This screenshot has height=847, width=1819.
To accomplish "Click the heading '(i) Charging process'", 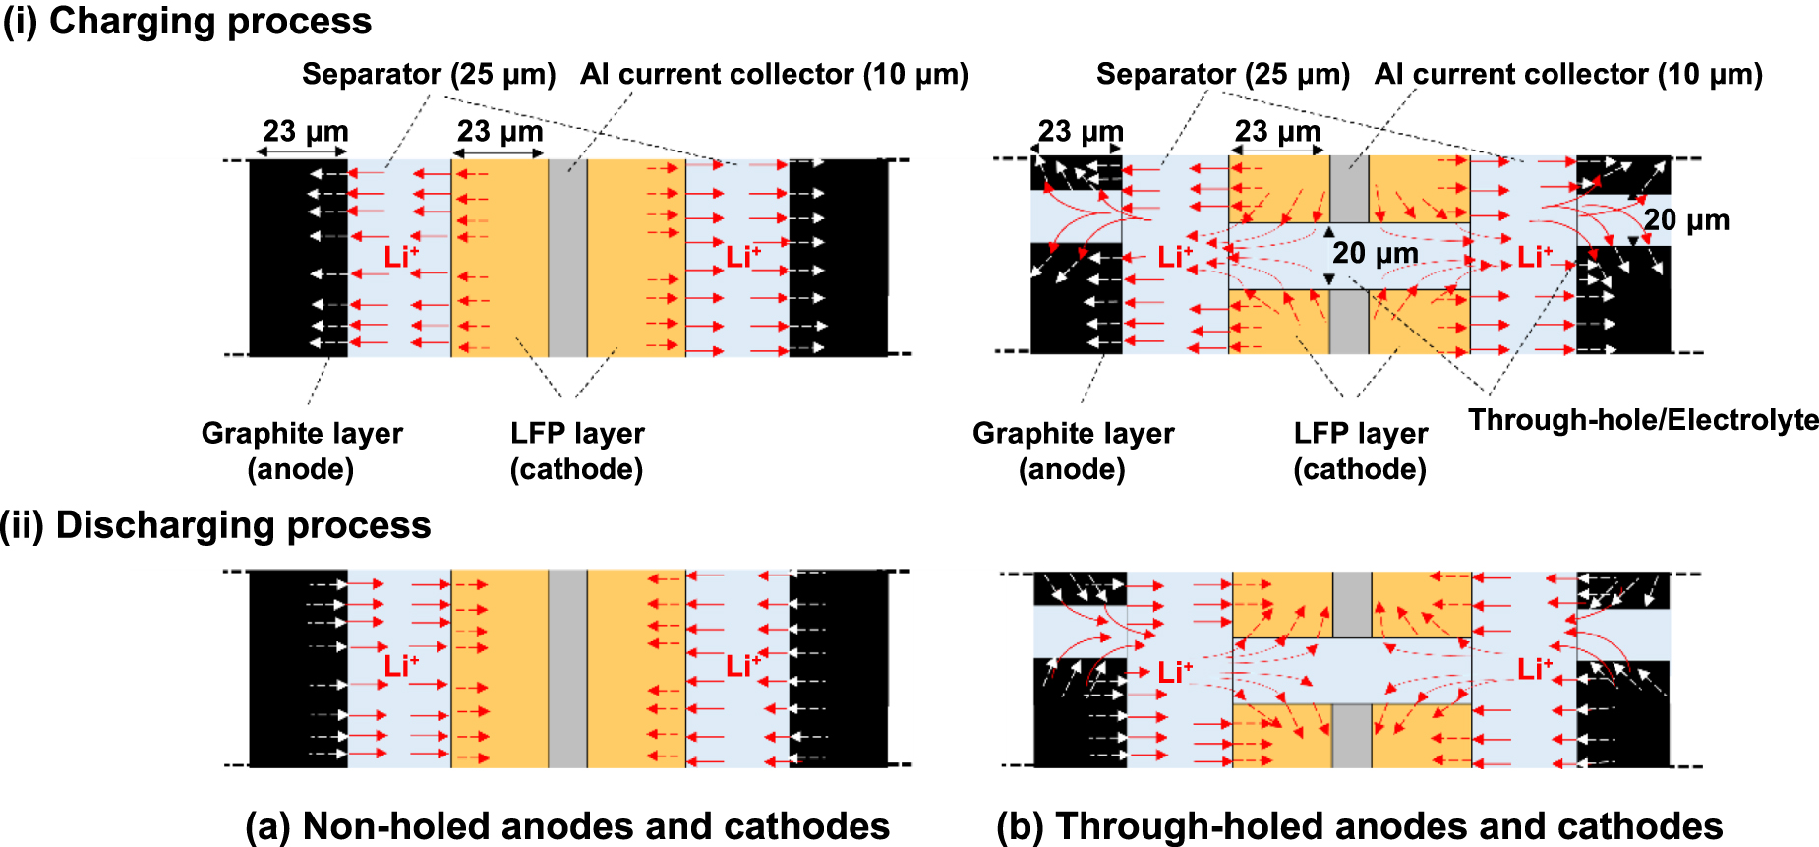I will tap(187, 21).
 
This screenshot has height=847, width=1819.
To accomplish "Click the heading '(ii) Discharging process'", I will tap(216, 525).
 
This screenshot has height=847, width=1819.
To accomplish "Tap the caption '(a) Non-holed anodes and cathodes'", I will tap(566, 825).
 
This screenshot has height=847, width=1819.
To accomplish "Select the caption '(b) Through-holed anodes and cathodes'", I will tap(1359, 825).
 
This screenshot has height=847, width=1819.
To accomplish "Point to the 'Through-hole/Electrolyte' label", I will tap(1643, 420).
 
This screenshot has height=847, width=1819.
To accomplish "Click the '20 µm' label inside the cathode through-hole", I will tap(1375, 254).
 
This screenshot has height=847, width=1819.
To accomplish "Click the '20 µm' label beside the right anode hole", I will tap(1686, 220).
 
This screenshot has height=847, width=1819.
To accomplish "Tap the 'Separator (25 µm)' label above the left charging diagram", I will tap(429, 74).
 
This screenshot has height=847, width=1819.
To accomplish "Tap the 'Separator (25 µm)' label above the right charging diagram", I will tap(1222, 74).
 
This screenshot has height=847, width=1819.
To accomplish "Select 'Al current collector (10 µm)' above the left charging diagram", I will tap(774, 74).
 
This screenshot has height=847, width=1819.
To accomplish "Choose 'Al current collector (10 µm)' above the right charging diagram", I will tap(1568, 74).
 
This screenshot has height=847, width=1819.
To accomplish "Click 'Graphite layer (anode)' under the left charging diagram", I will tap(302, 451).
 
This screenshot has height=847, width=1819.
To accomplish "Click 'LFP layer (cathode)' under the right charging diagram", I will tap(1360, 451).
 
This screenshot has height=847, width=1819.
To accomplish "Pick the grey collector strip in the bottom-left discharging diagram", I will tap(567, 669).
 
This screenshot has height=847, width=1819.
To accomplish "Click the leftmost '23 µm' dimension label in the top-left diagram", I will tap(305, 131).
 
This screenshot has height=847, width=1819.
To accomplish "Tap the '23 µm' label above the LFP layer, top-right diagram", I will tap(1277, 131).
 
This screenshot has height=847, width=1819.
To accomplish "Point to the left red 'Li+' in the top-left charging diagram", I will tap(400, 258).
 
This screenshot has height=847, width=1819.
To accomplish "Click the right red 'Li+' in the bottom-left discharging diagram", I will tap(743, 666).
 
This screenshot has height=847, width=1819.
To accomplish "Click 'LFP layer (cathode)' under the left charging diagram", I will tap(577, 451).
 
